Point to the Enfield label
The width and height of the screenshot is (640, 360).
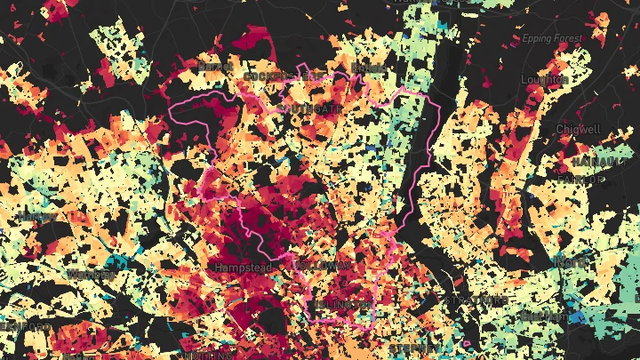click(369, 68)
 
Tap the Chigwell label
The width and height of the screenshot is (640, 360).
click(579, 130)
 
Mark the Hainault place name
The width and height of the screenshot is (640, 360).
click(599, 162)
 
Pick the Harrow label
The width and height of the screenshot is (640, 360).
click(36, 217)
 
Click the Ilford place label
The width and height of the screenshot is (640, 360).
click(571, 261)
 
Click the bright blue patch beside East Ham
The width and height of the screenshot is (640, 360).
click(578, 317)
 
